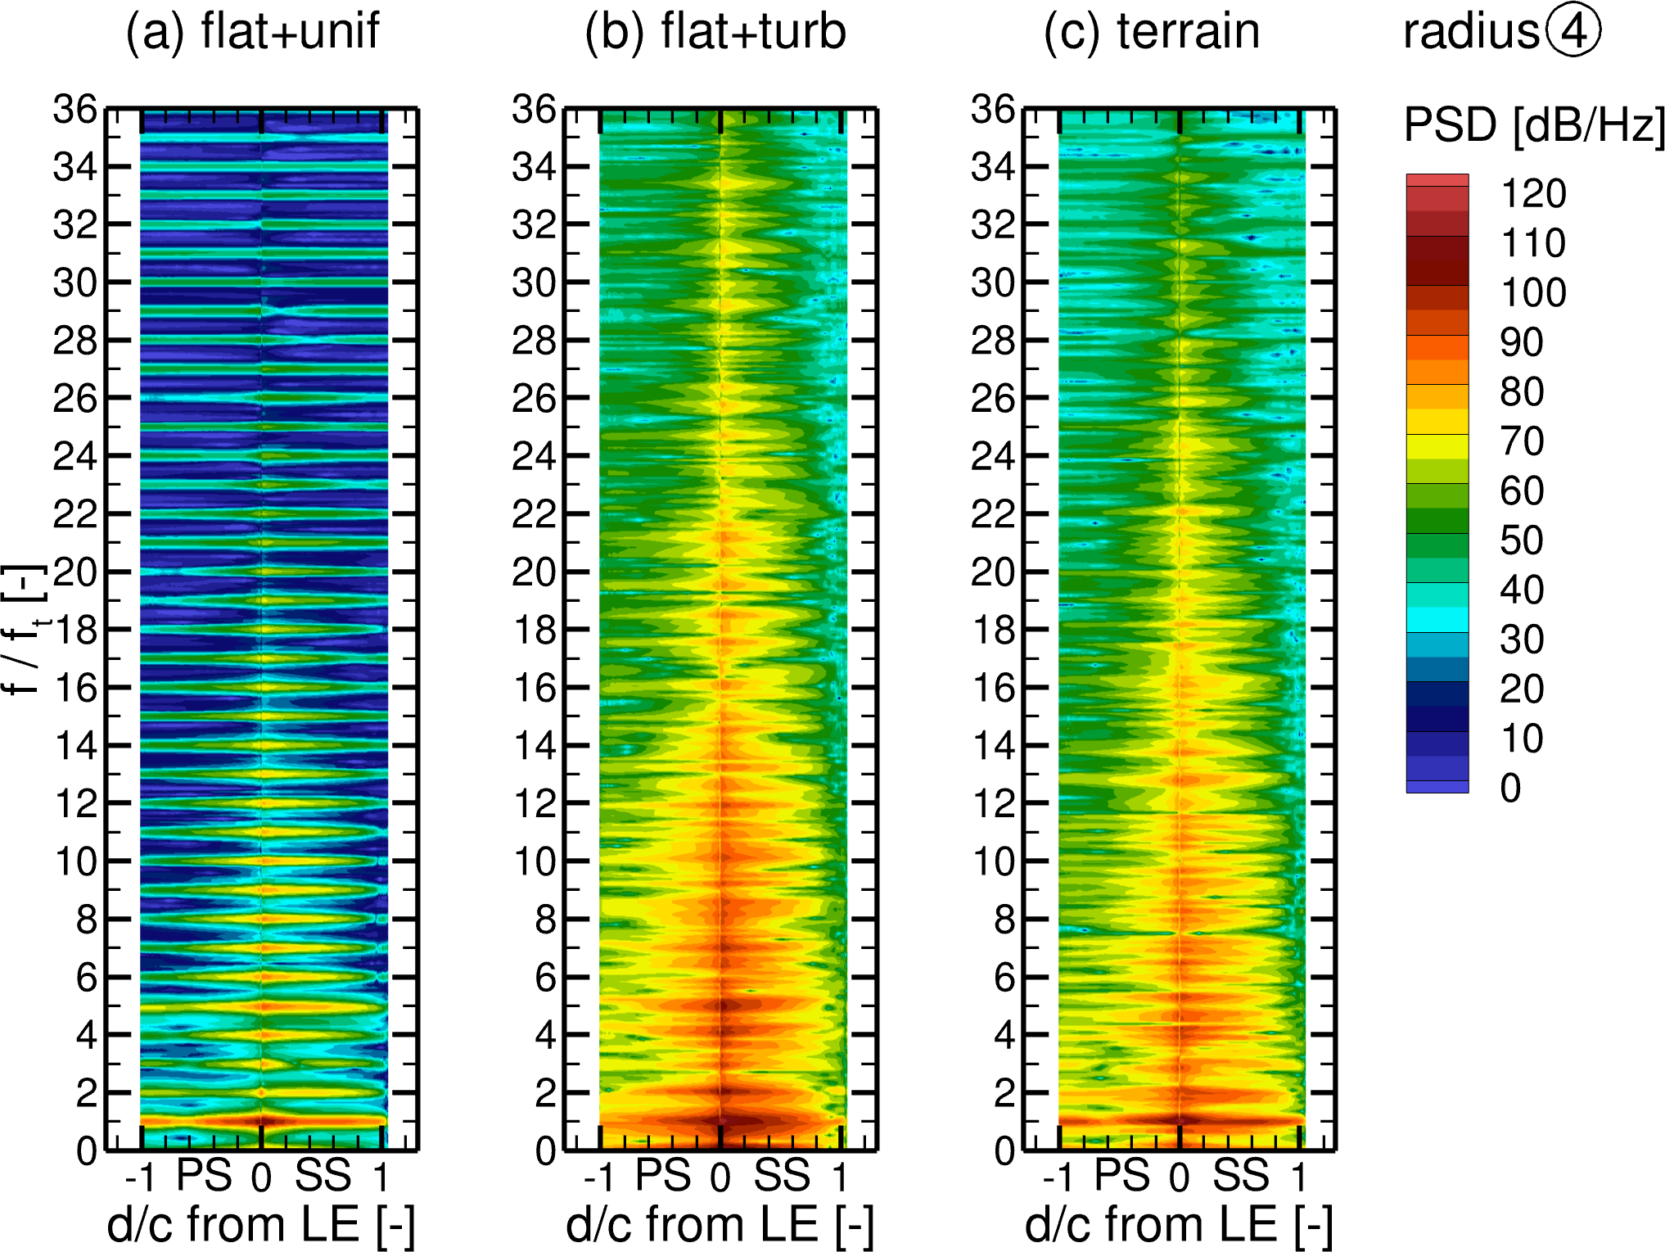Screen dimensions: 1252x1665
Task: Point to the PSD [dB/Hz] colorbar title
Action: click(1533, 125)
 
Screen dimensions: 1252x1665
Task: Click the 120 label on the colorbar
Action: click(1532, 194)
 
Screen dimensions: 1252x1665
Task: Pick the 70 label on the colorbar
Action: click(1522, 441)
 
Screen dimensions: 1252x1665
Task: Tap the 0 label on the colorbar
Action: click(1510, 788)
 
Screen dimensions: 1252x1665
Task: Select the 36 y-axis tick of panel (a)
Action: click(75, 109)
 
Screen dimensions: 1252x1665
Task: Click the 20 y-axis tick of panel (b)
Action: click(534, 572)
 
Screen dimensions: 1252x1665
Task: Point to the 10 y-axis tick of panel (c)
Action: click(993, 861)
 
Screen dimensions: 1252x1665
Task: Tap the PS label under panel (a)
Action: click(205, 1176)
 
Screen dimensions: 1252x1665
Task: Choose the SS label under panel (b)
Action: click(782, 1176)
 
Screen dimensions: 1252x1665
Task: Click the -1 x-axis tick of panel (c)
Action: click(1058, 1177)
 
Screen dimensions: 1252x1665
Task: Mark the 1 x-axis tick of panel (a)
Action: click(381, 1177)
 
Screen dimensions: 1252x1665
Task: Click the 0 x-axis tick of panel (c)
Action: click(1179, 1177)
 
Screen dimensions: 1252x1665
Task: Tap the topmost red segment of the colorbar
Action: click(1437, 180)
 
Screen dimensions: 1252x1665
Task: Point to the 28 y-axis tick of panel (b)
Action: click(534, 340)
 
